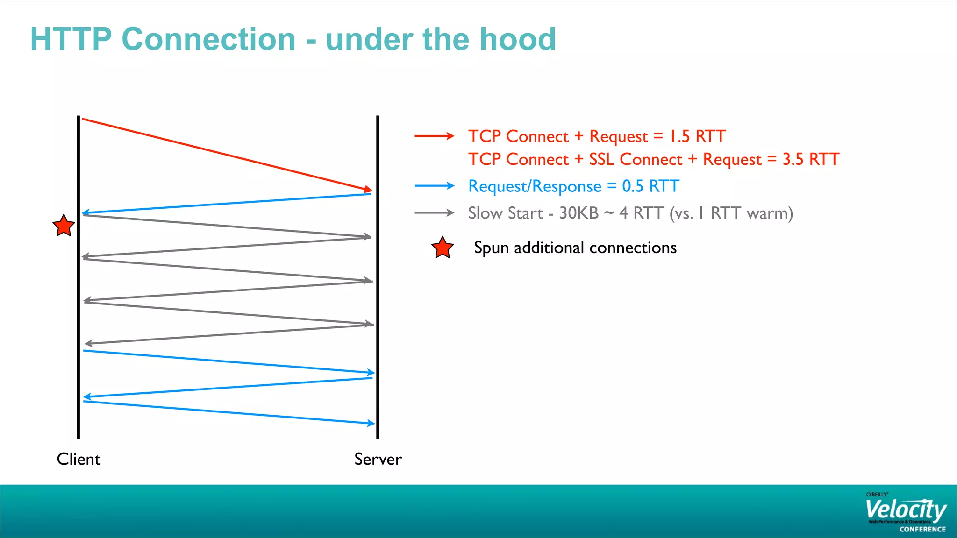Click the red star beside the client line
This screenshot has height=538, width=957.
pyautogui.click(x=64, y=226)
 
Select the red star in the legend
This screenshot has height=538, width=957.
pyautogui.click(x=442, y=248)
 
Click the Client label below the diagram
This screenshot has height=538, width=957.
pyautogui.click(x=79, y=459)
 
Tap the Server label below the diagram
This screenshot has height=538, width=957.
pyautogui.click(x=378, y=459)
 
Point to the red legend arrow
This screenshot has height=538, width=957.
pyautogui.click(x=434, y=136)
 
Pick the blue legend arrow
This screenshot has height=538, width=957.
pyautogui.click(x=434, y=186)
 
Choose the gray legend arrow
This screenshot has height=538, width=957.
pyautogui.click(x=434, y=213)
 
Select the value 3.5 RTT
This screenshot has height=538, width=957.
pyautogui.click(x=811, y=159)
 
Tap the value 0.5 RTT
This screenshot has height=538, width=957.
pyautogui.click(x=650, y=186)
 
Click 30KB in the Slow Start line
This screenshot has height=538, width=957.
pyautogui.click(x=578, y=213)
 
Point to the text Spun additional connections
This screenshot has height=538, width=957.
pyautogui.click(x=575, y=248)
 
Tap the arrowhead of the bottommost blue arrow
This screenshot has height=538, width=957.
pyautogui.click(x=371, y=423)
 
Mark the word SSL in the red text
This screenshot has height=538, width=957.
pyautogui.click(x=601, y=159)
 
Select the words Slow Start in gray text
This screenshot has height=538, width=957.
pyautogui.click(x=506, y=213)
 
